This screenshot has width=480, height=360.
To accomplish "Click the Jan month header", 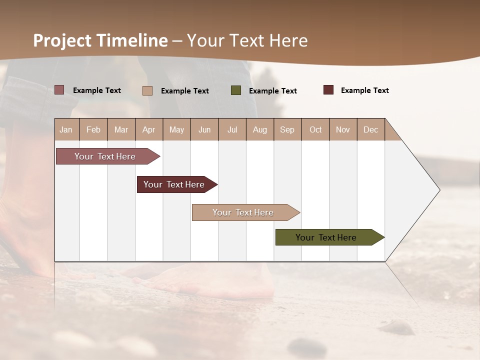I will [x=66, y=129].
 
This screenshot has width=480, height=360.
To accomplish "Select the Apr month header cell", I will [x=149, y=129].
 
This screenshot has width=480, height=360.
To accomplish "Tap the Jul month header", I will [x=232, y=129].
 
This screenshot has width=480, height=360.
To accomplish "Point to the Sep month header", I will [x=287, y=129].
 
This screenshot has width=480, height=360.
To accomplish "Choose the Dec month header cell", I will [x=370, y=129].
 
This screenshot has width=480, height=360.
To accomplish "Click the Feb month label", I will [x=93, y=129].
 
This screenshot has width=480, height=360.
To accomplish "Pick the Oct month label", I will [x=315, y=129].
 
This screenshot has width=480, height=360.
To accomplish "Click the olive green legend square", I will [x=236, y=90].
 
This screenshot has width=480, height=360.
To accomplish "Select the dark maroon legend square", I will [x=328, y=90].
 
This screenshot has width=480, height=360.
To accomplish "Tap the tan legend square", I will [x=147, y=90].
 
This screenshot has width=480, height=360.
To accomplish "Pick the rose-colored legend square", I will [x=59, y=90].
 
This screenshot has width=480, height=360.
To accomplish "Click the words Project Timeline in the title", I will [x=100, y=40].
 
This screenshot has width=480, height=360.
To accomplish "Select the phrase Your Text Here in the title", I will [x=247, y=40].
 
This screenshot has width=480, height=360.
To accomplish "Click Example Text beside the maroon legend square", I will [x=364, y=90].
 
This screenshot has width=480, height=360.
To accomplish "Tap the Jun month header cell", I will [x=204, y=129].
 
